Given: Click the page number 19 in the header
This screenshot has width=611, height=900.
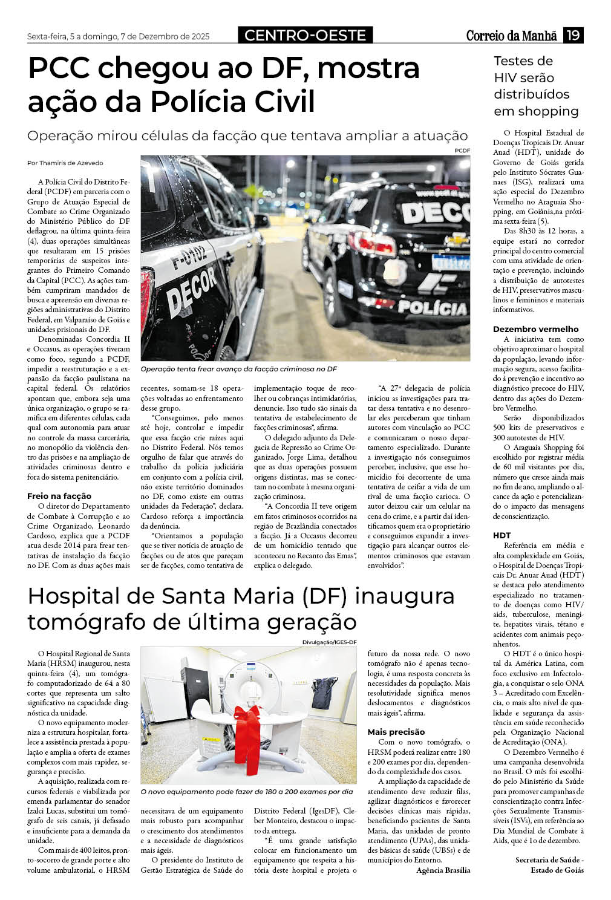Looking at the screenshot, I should coord(573,36).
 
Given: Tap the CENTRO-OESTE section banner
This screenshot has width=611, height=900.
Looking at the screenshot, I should coord(305,36).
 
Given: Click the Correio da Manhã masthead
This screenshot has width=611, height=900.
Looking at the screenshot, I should coord(511,36).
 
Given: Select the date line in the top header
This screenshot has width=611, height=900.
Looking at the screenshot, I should coord(118,37).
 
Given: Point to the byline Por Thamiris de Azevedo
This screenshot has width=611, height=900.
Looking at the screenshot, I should coord(65,163).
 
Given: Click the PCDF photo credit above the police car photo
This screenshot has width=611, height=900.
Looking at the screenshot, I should coord(462,150).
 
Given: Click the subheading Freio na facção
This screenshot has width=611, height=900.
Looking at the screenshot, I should coord(59,496).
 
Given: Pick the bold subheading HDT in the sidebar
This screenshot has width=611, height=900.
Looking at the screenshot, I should coord(502,535).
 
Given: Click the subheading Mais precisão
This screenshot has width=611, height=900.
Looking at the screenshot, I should coord(396,732).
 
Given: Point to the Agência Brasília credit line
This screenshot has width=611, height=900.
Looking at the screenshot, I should coord(443,870).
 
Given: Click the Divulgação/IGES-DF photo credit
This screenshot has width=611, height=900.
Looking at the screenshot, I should coord(329,642).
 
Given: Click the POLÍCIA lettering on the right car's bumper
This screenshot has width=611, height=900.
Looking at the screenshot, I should coord(433,308).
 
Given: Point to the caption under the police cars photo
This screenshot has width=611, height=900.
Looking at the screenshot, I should coord(238,369).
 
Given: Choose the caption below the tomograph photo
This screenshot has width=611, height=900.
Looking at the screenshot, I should coord(246,792).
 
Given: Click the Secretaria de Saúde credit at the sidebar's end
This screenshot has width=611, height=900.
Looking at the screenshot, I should coord(549,865).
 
